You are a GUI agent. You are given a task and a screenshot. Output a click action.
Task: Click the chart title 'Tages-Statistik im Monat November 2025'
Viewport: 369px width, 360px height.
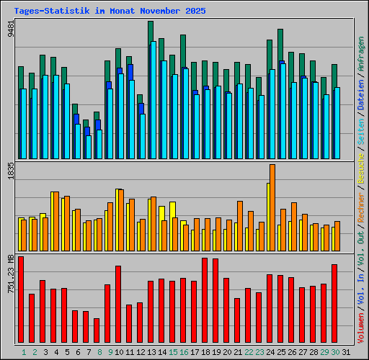point(110,12)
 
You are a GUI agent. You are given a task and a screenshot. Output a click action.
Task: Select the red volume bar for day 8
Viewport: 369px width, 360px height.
point(97,330)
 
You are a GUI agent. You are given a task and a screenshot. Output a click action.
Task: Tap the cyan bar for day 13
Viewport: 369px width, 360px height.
point(154,101)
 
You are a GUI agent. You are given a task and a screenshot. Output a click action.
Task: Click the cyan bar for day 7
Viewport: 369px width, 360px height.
point(89,147)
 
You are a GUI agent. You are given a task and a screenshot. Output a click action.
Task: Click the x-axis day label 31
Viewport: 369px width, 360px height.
point(346,351)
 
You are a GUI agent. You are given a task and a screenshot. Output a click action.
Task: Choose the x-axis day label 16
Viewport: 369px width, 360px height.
point(184,351)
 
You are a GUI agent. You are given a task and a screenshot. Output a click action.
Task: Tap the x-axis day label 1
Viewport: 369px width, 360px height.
point(24,351)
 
